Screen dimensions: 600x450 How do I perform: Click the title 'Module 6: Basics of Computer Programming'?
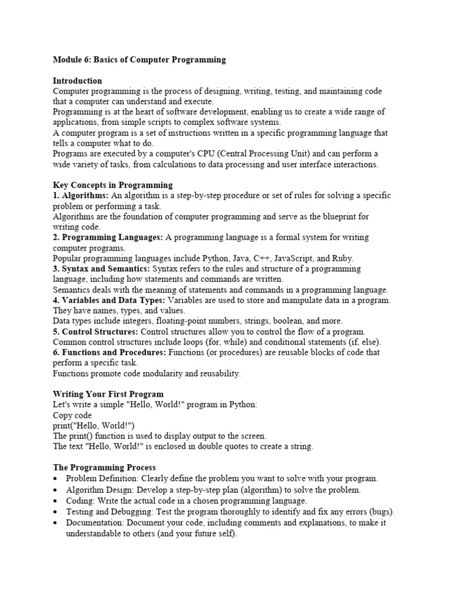click(x=139, y=60)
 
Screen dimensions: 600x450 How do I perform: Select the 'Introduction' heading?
click(x=77, y=81)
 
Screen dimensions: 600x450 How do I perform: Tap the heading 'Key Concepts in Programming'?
click(x=112, y=185)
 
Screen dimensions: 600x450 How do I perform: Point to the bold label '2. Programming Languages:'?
click(x=108, y=237)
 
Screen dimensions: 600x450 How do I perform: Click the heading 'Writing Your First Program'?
click(x=108, y=394)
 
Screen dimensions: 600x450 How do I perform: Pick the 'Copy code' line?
click(x=72, y=415)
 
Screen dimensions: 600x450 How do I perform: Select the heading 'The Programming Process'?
click(x=104, y=468)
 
